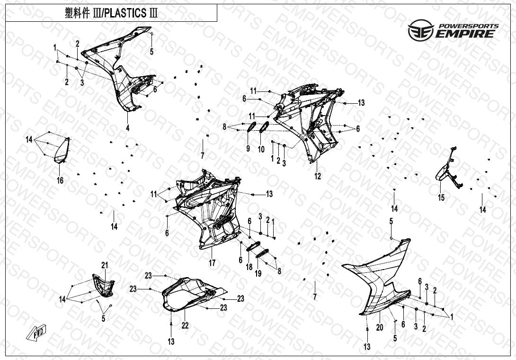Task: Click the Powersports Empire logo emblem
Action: click(x=421, y=30)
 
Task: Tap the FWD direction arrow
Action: click(x=36, y=333)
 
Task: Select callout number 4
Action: click(x=128, y=128)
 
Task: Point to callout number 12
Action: click(x=318, y=176)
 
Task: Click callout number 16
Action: click(x=60, y=180)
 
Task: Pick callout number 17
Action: click(x=212, y=263)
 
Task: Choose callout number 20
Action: click(x=380, y=327)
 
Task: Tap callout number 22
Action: click(x=185, y=325)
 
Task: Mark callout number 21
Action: click(x=105, y=265)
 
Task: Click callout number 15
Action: click(x=441, y=198)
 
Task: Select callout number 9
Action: click(x=248, y=149)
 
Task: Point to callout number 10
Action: click(x=261, y=150)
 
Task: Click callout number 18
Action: click(x=249, y=267)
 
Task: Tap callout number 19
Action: click(x=258, y=273)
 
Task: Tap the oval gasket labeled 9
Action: click(x=252, y=127)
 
